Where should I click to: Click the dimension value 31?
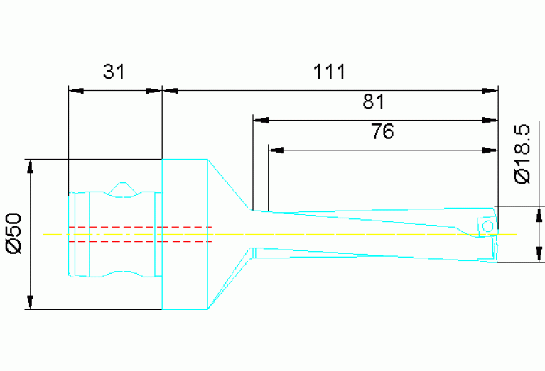[114, 72]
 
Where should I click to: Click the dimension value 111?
[329, 72]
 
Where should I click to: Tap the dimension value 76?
[382, 132]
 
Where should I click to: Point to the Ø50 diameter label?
[16, 235]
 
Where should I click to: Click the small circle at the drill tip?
[487, 226]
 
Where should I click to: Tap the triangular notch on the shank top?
[123, 188]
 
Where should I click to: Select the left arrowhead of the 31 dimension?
[77, 90]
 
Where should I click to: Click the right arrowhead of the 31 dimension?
[153, 90]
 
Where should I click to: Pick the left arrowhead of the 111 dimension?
[172, 90]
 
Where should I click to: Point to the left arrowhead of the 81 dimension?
[262, 119]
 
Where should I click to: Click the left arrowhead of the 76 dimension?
[277, 150]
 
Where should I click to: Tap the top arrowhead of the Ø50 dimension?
[30, 167]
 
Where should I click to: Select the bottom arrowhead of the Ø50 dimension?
[30, 301]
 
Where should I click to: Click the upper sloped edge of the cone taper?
[230, 184]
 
